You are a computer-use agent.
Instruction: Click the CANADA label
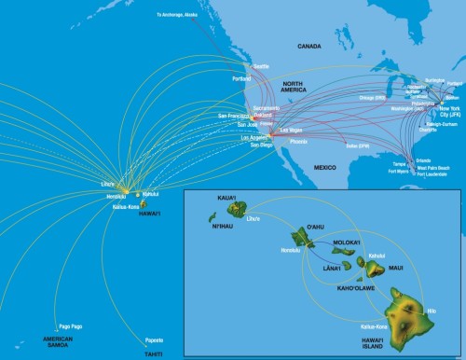[309, 45]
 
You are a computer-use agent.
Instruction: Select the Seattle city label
[260, 66]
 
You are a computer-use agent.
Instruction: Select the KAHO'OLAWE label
[349, 289]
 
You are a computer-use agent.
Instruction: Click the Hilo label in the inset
[430, 309]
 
